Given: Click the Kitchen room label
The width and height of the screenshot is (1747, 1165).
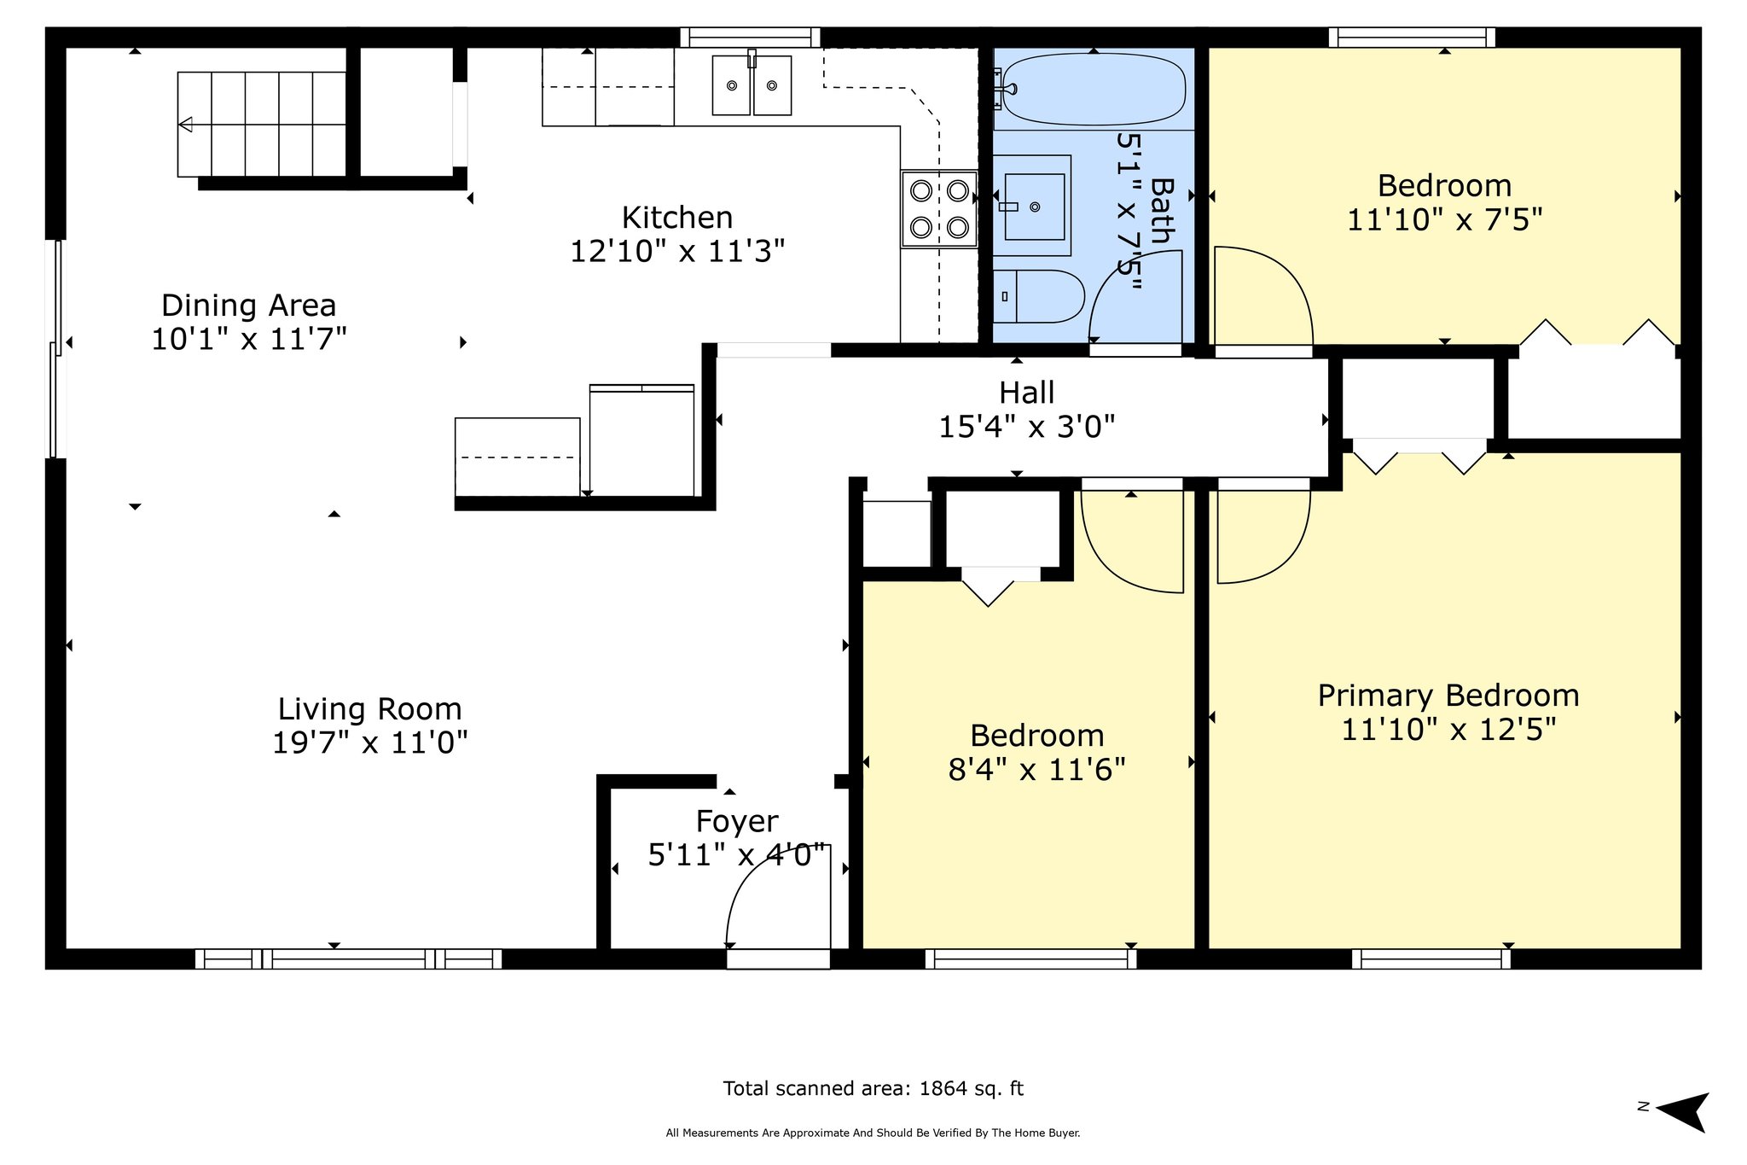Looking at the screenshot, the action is [677, 218].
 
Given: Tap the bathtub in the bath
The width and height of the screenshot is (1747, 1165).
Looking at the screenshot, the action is [1094, 89].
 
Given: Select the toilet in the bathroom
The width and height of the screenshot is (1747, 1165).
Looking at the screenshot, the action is [1038, 296].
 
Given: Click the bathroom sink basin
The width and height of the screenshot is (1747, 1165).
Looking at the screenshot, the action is [1034, 207].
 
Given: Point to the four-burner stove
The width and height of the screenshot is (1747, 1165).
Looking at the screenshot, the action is [939, 208].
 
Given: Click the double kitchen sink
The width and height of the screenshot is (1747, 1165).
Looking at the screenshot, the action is [752, 85].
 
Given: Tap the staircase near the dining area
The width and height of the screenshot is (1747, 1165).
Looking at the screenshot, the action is [262, 125].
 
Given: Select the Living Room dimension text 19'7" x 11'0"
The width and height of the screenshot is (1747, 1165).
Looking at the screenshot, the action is [370, 743].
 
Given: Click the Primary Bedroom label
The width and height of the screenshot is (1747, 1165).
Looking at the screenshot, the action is [1448, 696].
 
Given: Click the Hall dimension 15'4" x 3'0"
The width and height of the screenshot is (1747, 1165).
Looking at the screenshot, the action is [1027, 426].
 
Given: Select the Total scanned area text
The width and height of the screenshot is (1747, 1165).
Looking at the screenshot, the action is [873, 1088].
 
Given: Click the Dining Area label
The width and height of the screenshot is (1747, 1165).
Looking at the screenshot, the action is [249, 306].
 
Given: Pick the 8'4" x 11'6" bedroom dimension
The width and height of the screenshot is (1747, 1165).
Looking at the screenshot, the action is [1037, 770].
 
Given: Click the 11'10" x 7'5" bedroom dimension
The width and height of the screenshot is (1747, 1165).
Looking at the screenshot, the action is [1445, 220].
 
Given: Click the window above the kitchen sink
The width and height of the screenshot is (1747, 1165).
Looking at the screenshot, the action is [751, 38].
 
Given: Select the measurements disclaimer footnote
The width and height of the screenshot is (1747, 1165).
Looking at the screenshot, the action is [873, 1133].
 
